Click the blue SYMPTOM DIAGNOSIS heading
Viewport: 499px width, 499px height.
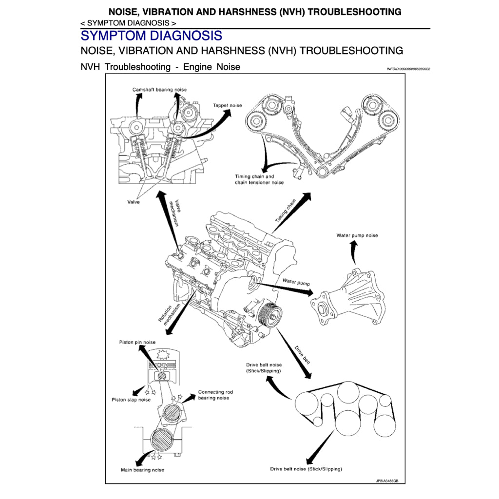coord(151,36)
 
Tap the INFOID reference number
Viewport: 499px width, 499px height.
coord(408,69)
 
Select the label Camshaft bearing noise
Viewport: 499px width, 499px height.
coord(159,90)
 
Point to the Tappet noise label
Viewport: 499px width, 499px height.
coord(227,105)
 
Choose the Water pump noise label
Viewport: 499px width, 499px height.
coord(357,235)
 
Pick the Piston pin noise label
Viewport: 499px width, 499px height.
coord(137,342)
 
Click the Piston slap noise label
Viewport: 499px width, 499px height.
coord(131,400)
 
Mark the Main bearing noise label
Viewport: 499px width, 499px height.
coord(142,470)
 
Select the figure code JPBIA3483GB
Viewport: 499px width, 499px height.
coord(387,480)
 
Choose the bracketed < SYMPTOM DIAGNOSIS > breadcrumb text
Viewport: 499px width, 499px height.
coord(129,23)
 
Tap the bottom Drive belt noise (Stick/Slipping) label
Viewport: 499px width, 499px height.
coord(306,469)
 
